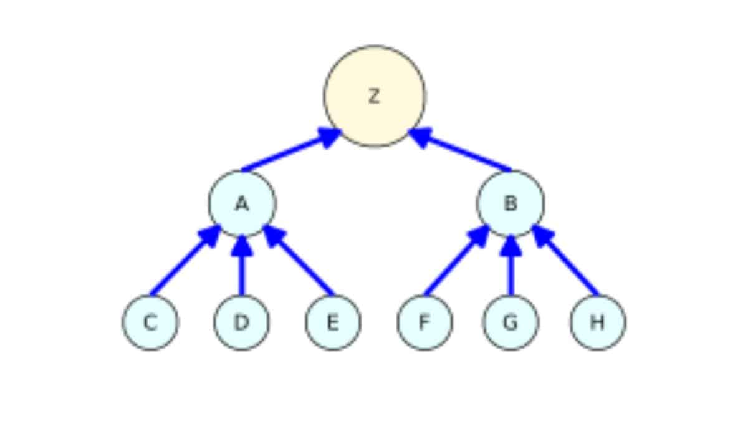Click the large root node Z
pos(374,96)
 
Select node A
pos(242,203)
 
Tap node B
pos(510,203)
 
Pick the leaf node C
pos(150,322)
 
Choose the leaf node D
pos(241,322)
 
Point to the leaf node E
pos(332,322)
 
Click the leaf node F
pos(424,322)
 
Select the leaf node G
pos(511,322)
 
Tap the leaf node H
pos(597,322)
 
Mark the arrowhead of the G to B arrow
pos(511,246)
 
